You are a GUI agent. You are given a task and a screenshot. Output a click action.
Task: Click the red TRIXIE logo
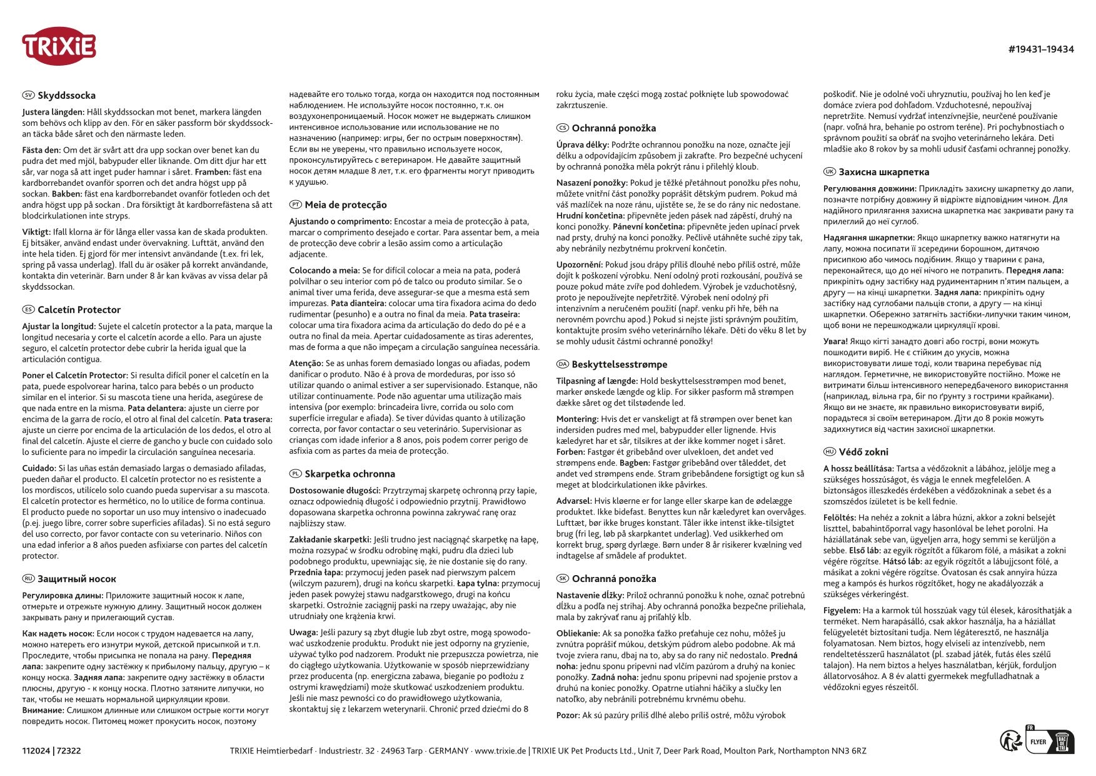[x=59, y=46]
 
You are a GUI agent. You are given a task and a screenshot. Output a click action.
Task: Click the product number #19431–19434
[x=1040, y=49]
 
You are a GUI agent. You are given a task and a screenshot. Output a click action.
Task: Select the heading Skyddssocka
[x=66, y=96]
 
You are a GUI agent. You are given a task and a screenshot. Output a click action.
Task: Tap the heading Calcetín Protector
[x=79, y=310]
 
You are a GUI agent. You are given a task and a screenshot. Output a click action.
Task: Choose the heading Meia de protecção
[x=346, y=205]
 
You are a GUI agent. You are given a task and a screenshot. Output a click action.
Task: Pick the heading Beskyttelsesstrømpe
[x=619, y=364]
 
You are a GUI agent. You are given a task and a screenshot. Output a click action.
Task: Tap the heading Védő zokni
[x=863, y=452]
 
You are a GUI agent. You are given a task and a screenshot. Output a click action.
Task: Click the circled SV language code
[x=28, y=96]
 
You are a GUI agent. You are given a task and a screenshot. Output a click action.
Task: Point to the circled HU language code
[x=829, y=452]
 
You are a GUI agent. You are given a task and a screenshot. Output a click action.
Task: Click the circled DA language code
[x=562, y=364]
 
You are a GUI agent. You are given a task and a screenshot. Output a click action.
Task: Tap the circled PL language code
[x=295, y=474]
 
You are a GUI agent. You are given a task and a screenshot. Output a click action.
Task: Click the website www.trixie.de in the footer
[x=500, y=751]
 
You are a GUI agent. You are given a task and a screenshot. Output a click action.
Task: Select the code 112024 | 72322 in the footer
[x=51, y=751]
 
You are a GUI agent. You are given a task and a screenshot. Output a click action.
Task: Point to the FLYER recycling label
[x=1038, y=742]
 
